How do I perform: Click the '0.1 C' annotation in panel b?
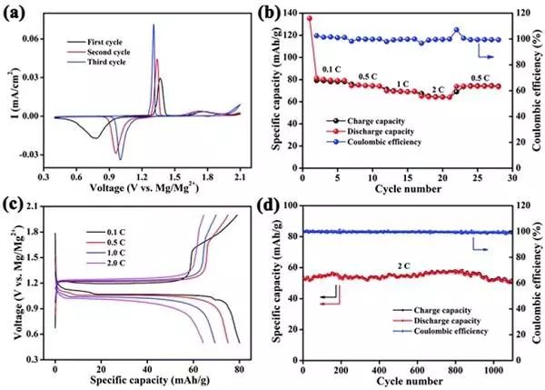(x=332, y=67)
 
